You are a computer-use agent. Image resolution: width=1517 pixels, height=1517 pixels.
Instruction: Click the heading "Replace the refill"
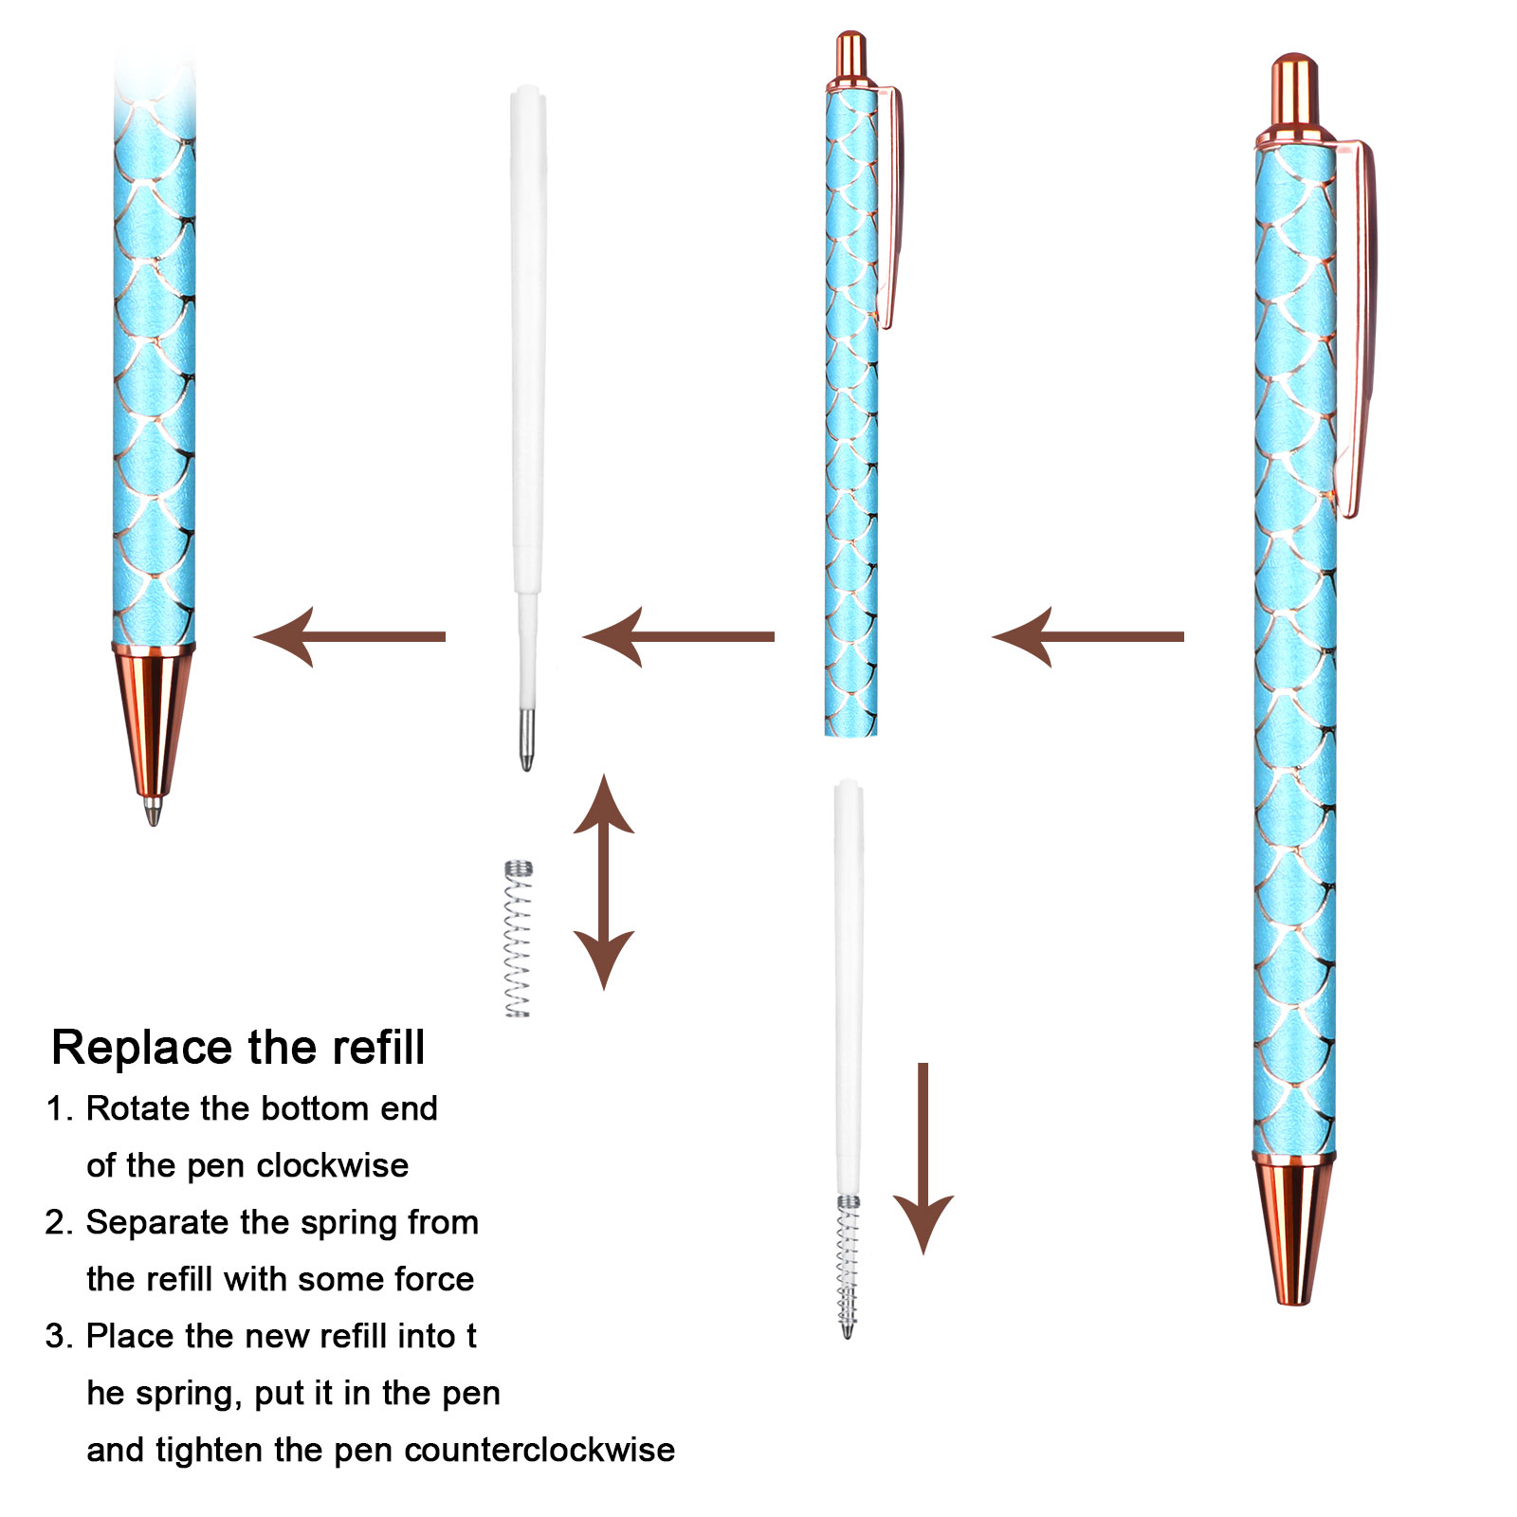[238, 1048]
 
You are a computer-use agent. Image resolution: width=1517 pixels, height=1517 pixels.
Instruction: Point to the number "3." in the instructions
[59, 1336]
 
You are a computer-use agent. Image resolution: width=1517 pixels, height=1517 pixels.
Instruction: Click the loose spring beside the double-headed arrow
[518, 939]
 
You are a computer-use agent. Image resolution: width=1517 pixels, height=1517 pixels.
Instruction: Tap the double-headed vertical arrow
[604, 882]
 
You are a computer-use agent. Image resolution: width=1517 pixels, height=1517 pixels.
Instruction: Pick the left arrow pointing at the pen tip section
[350, 637]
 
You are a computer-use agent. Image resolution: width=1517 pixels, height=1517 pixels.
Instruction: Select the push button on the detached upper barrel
[850, 57]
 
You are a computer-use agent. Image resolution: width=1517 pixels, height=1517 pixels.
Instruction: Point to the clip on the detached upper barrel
[892, 209]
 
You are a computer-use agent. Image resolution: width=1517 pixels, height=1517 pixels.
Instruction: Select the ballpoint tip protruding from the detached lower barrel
[153, 811]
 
